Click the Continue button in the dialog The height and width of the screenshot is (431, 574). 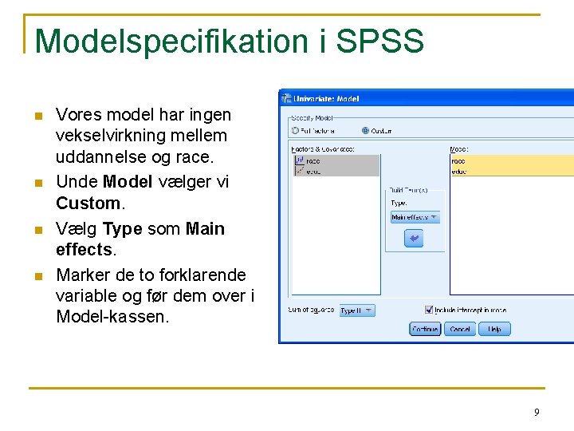click(x=425, y=329)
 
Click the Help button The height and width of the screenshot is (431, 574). click(x=494, y=329)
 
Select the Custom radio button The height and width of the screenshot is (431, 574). click(x=365, y=131)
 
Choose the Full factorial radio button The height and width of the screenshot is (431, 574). click(x=295, y=131)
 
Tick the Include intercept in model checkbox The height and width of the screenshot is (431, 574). click(x=429, y=310)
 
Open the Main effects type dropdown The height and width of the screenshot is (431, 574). click(x=415, y=217)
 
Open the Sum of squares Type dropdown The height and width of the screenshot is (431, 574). click(x=356, y=310)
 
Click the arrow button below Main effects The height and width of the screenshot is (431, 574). click(x=414, y=238)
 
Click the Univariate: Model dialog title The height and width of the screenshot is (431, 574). click(x=327, y=99)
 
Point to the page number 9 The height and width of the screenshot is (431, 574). click(x=537, y=412)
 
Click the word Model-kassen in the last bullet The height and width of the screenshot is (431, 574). click(x=112, y=316)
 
